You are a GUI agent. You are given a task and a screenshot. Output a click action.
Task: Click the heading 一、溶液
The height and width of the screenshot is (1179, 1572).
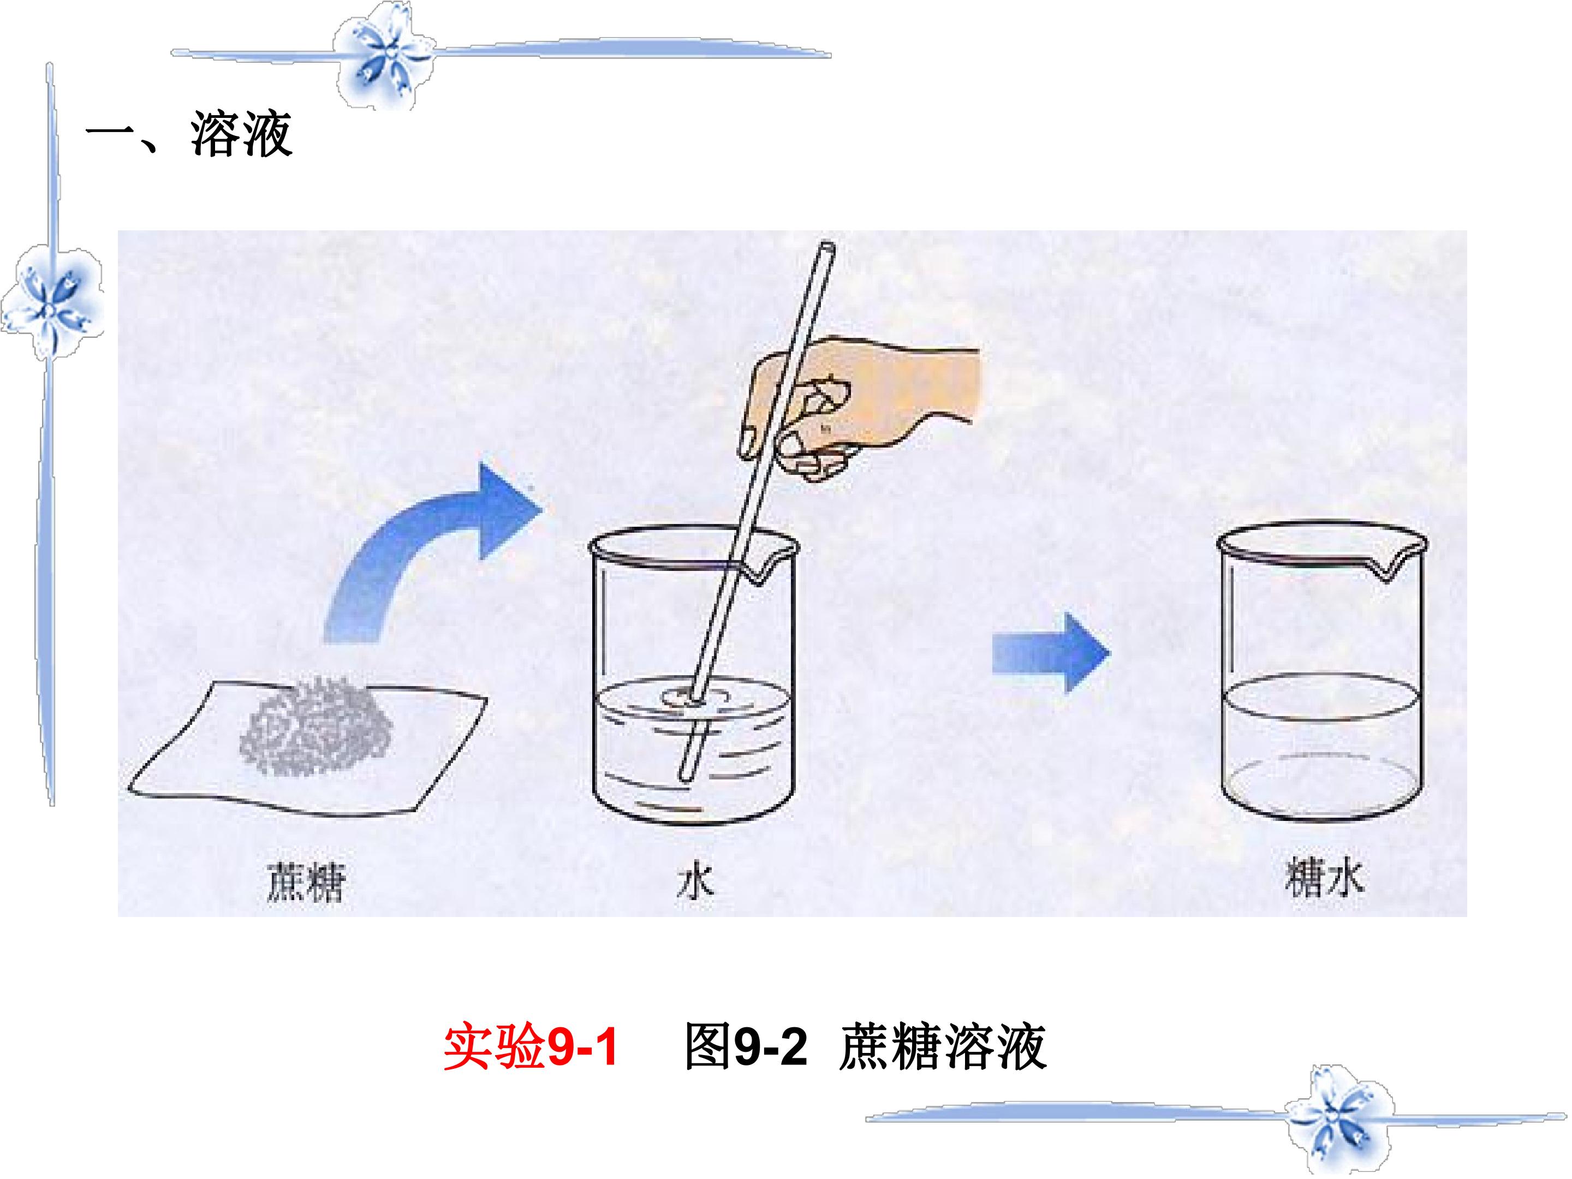pyautogui.click(x=188, y=134)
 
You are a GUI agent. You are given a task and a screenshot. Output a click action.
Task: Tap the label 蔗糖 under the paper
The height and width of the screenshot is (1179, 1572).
pyautogui.click(x=306, y=883)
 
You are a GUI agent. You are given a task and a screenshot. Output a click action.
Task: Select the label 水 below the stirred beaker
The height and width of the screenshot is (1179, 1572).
pyautogui.click(x=694, y=882)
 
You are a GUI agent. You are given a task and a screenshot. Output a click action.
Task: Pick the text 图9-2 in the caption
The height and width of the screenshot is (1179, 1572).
pyautogui.click(x=746, y=1047)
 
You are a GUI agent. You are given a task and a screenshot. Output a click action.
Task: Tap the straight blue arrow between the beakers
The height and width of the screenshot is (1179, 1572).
pyautogui.click(x=1050, y=652)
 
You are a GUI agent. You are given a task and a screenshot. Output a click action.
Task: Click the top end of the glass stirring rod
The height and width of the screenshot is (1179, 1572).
pyautogui.click(x=827, y=247)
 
